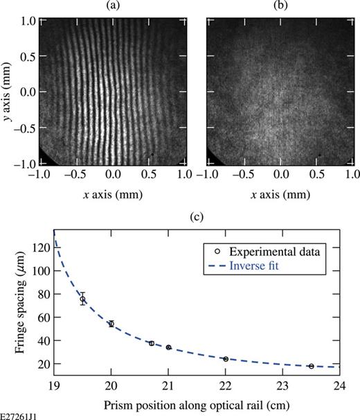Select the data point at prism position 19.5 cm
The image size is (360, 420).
point(82,299)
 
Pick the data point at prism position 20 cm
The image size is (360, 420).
point(111,324)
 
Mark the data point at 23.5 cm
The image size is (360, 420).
point(312,366)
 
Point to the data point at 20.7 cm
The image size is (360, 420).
point(152,343)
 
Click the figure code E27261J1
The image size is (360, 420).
point(19,414)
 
